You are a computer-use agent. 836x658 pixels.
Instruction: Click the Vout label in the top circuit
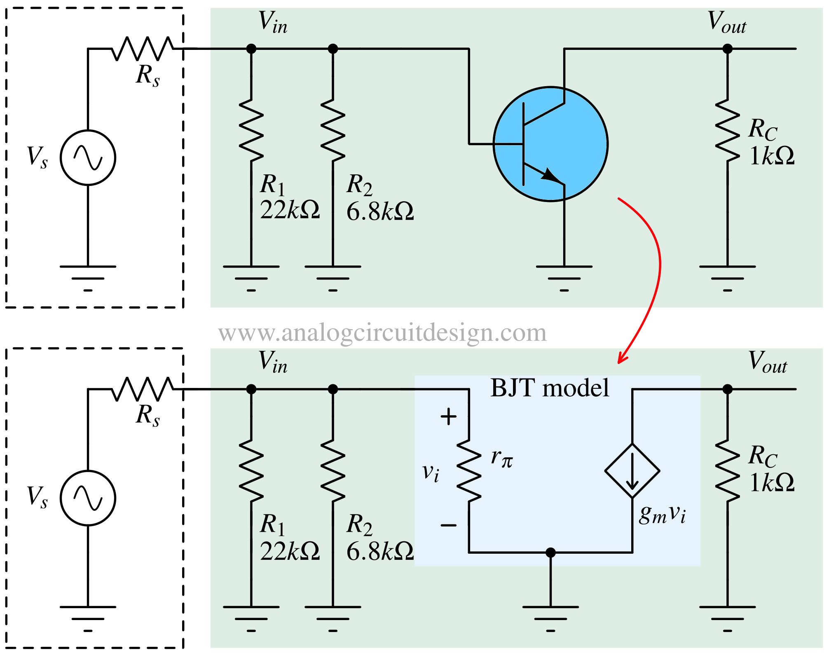(x=727, y=22)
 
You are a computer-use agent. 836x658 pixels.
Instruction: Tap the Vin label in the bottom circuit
(x=272, y=362)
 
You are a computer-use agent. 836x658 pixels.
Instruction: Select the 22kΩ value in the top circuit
(x=289, y=210)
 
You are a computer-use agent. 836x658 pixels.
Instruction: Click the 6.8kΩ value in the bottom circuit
(x=379, y=551)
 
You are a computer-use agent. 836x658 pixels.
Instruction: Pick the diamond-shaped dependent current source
(x=632, y=470)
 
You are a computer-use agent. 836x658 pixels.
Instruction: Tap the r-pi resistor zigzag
(x=469, y=470)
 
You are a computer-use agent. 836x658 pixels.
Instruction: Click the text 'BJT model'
(x=549, y=388)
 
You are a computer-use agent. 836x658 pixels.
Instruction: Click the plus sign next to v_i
(x=448, y=416)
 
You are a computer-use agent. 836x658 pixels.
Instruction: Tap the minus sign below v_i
(x=448, y=525)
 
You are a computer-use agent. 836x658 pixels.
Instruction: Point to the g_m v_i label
(x=662, y=514)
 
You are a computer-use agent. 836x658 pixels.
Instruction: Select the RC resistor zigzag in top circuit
(x=728, y=130)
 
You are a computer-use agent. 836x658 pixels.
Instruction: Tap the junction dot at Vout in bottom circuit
(x=728, y=389)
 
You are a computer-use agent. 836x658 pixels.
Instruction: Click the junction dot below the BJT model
(x=550, y=552)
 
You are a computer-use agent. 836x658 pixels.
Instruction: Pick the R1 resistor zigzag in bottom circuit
(x=251, y=470)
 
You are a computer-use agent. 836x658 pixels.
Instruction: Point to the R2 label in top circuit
(x=359, y=184)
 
